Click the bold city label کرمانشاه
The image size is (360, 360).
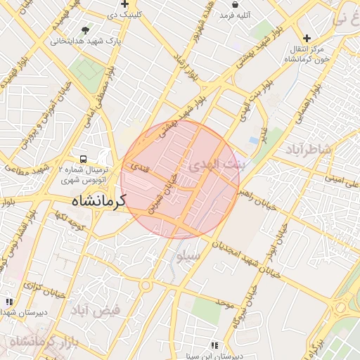89,202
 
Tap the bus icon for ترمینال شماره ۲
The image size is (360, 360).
84,160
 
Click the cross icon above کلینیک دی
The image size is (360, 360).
124,4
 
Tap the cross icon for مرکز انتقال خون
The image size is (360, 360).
306,38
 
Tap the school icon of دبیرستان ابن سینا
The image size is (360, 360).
214,345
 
